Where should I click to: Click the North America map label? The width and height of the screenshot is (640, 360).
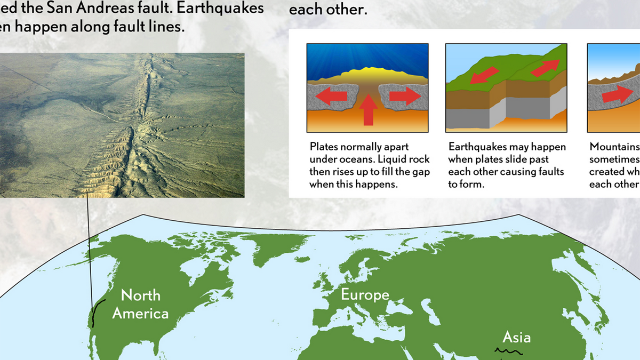[x=140, y=304]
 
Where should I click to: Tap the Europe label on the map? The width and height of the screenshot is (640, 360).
[x=365, y=294]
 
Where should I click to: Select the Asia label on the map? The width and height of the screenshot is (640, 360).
[x=516, y=337]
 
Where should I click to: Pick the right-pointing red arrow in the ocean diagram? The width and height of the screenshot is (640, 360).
[x=403, y=96]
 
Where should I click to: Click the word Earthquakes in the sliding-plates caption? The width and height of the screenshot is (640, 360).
[x=476, y=147]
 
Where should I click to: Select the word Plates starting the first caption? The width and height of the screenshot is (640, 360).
[x=323, y=147]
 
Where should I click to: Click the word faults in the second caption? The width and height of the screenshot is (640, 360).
[x=551, y=172]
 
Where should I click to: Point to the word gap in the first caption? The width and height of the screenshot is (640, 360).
[x=421, y=172]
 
